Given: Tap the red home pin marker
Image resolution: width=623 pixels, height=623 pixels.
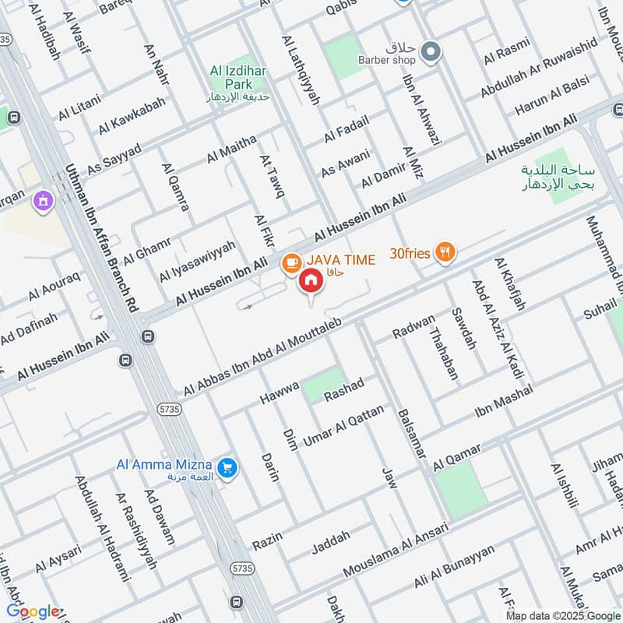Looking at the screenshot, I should (x=311, y=281).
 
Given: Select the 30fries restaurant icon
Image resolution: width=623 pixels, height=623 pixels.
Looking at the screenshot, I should (x=445, y=252).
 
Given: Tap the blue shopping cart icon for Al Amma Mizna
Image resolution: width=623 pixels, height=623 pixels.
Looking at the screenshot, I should (x=227, y=467).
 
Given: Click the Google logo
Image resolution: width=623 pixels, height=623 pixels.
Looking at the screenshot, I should (x=33, y=611).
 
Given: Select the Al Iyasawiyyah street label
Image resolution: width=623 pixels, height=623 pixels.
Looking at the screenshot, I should (x=197, y=261).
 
